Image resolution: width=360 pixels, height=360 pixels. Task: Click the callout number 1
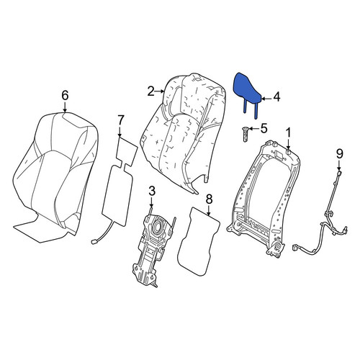(288, 132)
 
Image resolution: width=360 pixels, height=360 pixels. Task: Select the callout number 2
(151, 91)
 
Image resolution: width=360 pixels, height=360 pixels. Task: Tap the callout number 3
(152, 192)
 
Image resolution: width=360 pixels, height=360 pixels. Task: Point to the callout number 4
(276, 97)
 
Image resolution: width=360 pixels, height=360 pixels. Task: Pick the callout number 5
(264, 128)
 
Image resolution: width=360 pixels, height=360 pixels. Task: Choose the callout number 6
(65, 95)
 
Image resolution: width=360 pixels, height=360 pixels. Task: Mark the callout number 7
(120, 120)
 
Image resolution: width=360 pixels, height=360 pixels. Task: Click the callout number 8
(209, 199)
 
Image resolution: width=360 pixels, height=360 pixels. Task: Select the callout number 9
(340, 154)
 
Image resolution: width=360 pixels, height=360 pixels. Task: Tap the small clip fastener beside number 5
(246, 135)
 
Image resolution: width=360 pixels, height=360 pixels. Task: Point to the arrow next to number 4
(267, 98)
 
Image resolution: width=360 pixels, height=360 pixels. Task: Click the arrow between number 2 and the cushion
(160, 91)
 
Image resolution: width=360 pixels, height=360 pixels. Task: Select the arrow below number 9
(339, 166)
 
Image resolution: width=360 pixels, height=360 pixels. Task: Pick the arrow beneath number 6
(65, 107)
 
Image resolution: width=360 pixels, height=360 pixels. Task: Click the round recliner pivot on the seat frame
(278, 247)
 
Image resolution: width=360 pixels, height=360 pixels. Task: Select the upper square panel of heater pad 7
(127, 149)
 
